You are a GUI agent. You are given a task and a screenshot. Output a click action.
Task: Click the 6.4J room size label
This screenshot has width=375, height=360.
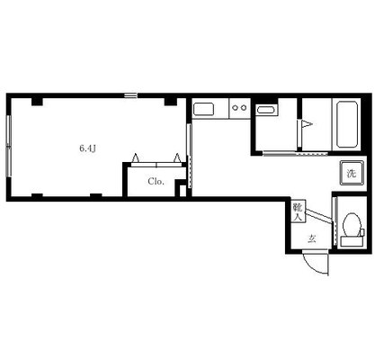[x=87, y=148]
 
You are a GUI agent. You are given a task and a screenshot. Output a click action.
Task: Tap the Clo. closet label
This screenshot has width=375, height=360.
[x=156, y=182]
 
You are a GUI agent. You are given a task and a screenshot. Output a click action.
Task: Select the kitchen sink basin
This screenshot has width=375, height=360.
[x=203, y=109]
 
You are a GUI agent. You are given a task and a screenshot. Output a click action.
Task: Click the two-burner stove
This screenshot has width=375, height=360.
[x=239, y=108]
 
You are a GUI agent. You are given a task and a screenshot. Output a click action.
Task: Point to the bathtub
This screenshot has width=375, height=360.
[x=347, y=124]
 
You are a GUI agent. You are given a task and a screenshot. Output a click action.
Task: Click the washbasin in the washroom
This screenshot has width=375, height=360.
[x=267, y=110]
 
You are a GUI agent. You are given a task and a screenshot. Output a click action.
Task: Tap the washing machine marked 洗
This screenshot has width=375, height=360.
[x=352, y=173]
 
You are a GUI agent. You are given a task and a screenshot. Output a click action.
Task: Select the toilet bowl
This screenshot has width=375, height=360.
[x=352, y=224]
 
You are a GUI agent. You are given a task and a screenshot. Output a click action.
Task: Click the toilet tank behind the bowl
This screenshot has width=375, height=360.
[x=352, y=241]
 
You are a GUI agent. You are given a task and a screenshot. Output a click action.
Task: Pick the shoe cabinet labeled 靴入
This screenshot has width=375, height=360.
[x=299, y=211]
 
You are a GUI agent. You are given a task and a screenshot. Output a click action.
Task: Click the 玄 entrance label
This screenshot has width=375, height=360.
[x=312, y=239]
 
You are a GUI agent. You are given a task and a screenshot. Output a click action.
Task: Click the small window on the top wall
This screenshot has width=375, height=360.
[x=131, y=95]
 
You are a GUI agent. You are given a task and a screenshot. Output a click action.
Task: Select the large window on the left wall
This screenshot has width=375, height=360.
[x=9, y=146]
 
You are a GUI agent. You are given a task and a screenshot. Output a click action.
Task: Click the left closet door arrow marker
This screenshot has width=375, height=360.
[x=136, y=157]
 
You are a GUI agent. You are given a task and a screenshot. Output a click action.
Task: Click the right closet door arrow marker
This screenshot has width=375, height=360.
[x=177, y=157]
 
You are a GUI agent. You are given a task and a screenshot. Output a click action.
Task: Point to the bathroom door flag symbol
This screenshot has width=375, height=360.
[x=307, y=123]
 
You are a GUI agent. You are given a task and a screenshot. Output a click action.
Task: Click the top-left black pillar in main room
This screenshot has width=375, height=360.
[x=37, y=102]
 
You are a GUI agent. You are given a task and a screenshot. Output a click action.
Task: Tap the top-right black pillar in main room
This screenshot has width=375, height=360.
[x=171, y=102]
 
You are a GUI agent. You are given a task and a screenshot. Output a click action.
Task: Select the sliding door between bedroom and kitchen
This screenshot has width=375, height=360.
[x=189, y=156]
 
